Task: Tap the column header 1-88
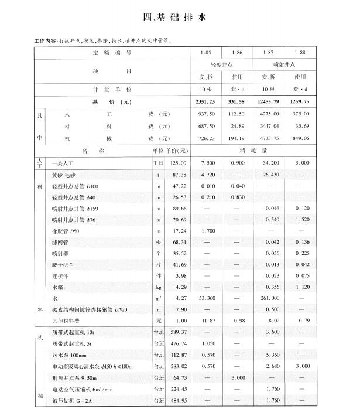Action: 300,53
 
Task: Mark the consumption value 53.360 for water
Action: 207,298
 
